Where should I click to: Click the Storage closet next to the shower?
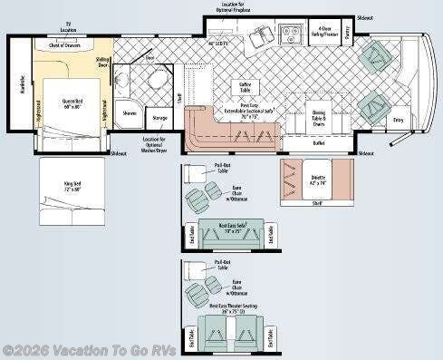click(159, 117)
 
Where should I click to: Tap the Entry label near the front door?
click(398, 119)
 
